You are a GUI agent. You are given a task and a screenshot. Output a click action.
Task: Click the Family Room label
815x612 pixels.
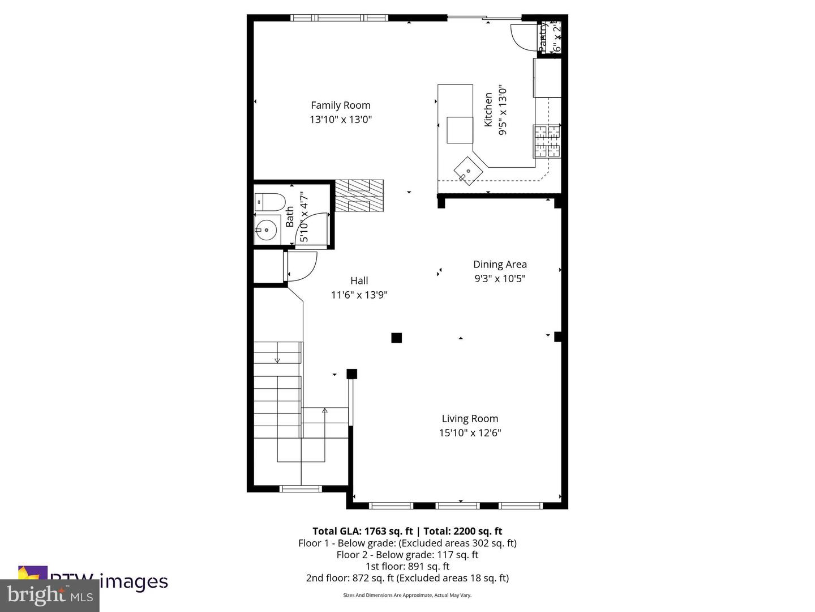tap(340, 105)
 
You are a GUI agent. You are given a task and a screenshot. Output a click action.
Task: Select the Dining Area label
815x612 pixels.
tap(500, 264)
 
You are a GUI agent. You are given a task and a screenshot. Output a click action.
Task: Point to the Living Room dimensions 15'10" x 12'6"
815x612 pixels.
tap(470, 433)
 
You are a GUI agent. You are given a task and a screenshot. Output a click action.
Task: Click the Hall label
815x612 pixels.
tap(359, 280)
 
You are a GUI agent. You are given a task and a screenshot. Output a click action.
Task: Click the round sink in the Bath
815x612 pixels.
tap(266, 229)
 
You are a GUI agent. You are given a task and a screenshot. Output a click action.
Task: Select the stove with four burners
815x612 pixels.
tap(546, 141)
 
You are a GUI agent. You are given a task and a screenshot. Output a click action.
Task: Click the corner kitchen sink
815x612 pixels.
tap(468, 171)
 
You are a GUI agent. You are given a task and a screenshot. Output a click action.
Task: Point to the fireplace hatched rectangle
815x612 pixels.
tap(359, 195)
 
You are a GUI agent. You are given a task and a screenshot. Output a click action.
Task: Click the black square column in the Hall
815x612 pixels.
tap(396, 338)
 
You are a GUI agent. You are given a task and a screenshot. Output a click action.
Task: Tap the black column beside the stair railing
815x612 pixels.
tap(351, 374)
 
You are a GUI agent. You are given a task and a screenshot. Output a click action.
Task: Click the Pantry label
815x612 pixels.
tap(543, 37)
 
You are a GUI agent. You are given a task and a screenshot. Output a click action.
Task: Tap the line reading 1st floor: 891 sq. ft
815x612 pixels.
tap(407, 566)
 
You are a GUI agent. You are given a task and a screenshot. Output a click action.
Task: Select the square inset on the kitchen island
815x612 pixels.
tap(460, 130)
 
